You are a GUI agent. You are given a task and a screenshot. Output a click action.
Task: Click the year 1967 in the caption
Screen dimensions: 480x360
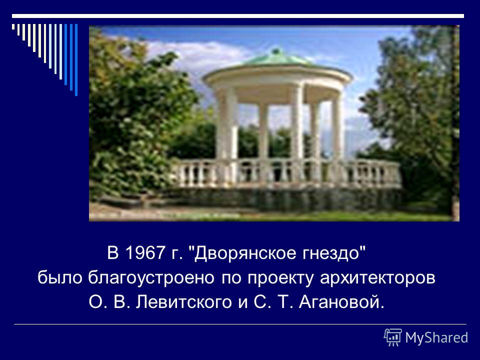point(145,253)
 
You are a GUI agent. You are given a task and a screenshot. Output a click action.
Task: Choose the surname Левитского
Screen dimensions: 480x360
point(183,302)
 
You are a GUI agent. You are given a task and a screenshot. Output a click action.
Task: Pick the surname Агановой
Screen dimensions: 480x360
point(340,302)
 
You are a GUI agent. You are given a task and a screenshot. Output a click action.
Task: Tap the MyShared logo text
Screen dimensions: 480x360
point(436,337)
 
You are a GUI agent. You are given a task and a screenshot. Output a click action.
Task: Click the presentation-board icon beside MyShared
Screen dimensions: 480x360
point(393,337)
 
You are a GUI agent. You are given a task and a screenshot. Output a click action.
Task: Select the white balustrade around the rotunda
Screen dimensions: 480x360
point(286,173)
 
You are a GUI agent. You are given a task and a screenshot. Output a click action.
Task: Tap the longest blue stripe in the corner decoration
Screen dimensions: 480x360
point(76,59)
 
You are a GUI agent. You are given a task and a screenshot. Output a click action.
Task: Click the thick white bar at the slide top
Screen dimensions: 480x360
point(238,16)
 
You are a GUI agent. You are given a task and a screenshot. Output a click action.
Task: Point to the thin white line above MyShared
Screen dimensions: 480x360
point(240,324)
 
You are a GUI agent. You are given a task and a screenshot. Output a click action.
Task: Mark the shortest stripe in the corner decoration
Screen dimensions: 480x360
point(13,26)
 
